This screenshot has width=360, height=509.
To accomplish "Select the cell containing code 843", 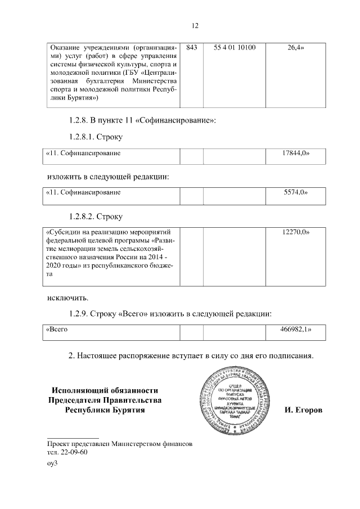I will pyautogui.click(x=191, y=48).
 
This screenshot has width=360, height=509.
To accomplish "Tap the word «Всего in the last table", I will pyautogui.click(x=57, y=329).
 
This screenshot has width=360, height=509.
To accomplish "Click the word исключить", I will pyautogui.click(x=67, y=296).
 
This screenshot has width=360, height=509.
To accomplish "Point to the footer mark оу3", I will pyautogui.click(x=52, y=464).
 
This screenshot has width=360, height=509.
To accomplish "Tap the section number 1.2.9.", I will pyautogui.click(x=82, y=313).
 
